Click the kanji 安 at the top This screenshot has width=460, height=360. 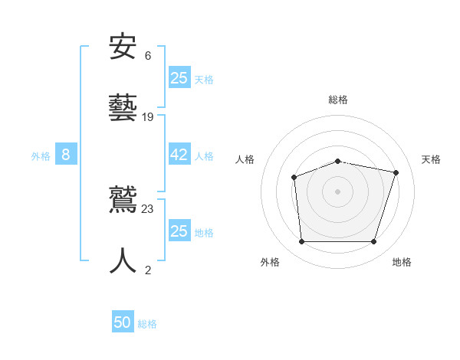tap(123, 47)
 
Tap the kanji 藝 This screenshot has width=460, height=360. tap(123, 107)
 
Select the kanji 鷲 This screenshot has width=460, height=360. tap(123, 201)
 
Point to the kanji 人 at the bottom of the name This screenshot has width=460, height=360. tap(123, 260)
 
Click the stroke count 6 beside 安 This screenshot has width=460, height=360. tap(148, 56)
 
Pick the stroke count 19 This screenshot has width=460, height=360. tap(148, 117)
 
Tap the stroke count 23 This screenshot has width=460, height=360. tap(148, 209)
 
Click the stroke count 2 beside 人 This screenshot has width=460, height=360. tap(148, 270)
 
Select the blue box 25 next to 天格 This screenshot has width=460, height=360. tap(179, 77)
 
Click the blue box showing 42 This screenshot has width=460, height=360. tap(179, 155)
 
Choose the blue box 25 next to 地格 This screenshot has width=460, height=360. tap(179, 231)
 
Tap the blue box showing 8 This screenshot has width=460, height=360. tap(66, 155)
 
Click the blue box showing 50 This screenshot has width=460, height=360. tap(123, 322)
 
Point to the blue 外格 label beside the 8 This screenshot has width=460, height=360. tap(41, 156)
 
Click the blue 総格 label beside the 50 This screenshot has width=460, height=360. tap(148, 324)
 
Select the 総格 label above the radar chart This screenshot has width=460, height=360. tap(338, 100)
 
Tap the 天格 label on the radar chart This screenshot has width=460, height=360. tap(432, 159)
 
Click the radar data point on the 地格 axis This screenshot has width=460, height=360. tap(374, 242)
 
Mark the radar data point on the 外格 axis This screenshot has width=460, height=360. tap(301, 242)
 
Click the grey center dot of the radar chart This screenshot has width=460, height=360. tap(338, 191)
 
